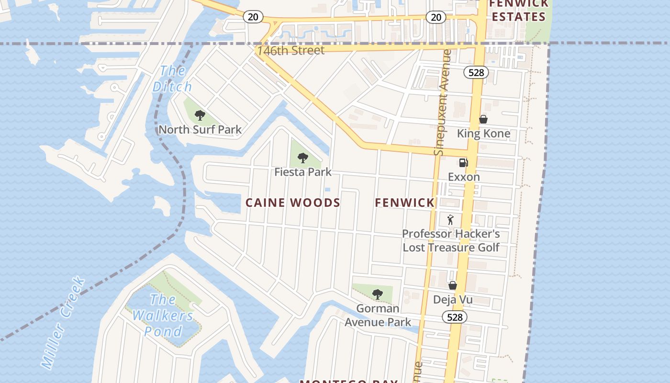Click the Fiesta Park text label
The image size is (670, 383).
[x=302, y=172]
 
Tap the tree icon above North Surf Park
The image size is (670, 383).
[x=200, y=115]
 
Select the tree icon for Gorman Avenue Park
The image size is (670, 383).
[x=378, y=294]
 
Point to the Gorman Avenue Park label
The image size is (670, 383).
[x=378, y=315]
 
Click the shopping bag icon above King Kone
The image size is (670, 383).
[x=483, y=119]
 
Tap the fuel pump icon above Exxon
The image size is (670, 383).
[x=463, y=163]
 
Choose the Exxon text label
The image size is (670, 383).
[x=464, y=177]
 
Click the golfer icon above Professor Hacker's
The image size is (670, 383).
[x=450, y=220]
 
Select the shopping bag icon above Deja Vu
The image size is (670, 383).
[x=453, y=285]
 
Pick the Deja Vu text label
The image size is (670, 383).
[x=453, y=300]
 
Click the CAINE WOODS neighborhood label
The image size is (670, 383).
[x=293, y=203]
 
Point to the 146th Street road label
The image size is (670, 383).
[x=290, y=50]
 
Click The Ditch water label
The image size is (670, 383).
[x=172, y=79]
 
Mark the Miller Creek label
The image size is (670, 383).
[x=63, y=323]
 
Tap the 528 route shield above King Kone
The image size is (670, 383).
[x=476, y=72]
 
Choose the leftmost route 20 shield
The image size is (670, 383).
[x=253, y=17]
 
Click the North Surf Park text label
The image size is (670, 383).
[x=200, y=130]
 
